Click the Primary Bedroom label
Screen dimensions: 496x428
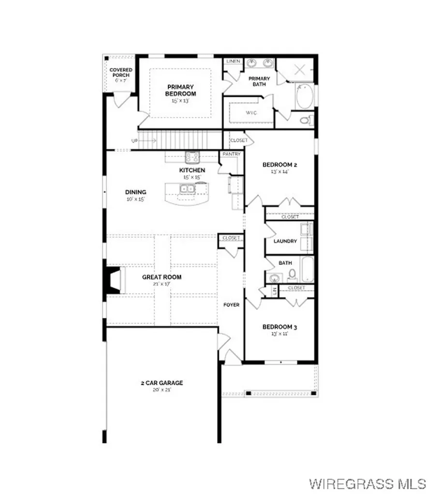click(180, 90)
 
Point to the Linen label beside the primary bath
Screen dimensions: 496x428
click(233, 62)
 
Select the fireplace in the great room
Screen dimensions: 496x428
click(112, 279)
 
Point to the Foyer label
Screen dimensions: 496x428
click(231, 305)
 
